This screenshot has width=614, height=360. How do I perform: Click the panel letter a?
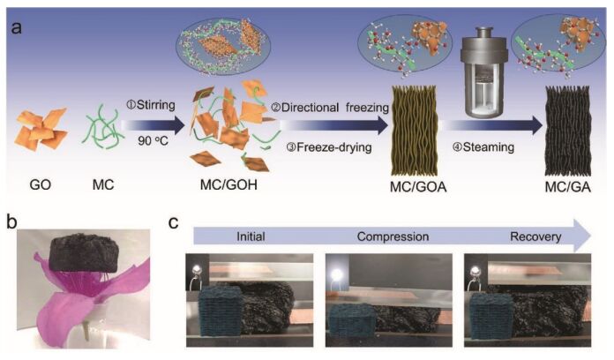(16, 26)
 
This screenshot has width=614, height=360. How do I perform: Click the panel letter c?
(173, 220)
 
